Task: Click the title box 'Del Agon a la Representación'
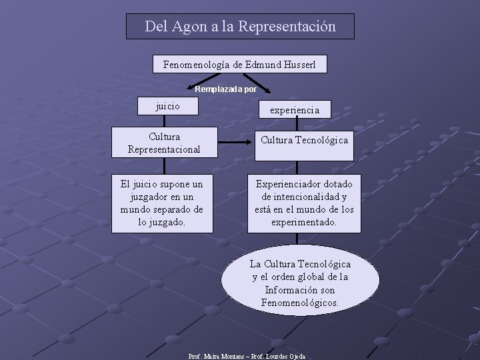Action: point(240,27)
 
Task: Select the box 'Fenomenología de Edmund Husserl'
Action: point(240,64)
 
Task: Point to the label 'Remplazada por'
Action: point(225,88)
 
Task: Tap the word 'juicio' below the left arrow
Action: point(167,105)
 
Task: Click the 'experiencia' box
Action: point(294,109)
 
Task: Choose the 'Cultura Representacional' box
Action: point(164,143)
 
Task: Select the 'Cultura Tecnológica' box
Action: point(304,140)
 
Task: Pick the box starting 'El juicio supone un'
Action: point(162,203)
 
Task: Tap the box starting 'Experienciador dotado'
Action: point(304,203)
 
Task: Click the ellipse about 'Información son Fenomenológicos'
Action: point(300,283)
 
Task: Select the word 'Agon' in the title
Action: point(189,27)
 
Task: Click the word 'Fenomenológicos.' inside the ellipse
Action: point(300,303)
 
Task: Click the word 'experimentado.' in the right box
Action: point(304,222)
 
